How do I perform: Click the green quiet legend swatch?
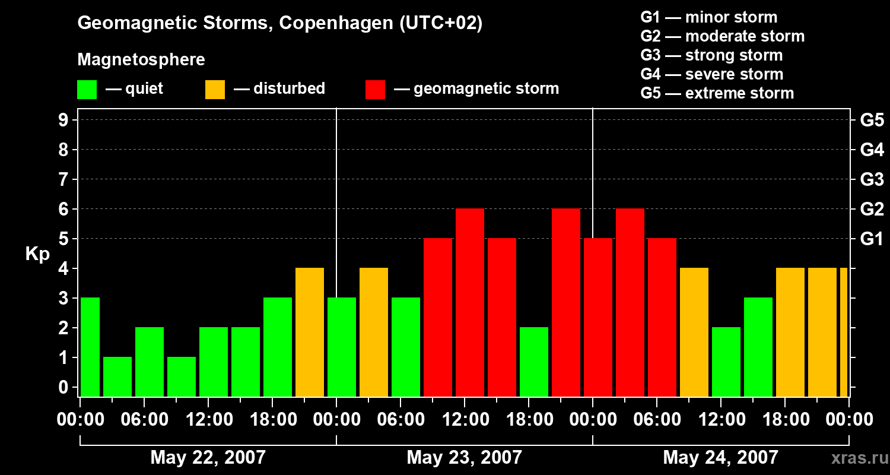click(87, 89)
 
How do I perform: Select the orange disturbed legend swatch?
click(215, 89)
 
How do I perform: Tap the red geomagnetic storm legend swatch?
click(375, 89)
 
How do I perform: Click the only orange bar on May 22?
click(310, 332)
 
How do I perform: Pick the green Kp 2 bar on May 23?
click(534, 362)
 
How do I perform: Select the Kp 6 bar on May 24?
click(630, 302)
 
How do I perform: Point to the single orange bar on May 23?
click(374, 332)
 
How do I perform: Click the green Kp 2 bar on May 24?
click(726, 362)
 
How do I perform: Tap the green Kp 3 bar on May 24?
click(758, 347)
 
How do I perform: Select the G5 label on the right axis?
click(872, 121)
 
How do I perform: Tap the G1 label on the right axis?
click(872, 239)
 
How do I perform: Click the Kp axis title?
click(37, 254)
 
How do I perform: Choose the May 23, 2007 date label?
click(464, 458)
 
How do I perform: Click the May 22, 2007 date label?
click(208, 458)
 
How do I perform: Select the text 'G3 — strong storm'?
click(711, 55)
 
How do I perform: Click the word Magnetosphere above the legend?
click(141, 60)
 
